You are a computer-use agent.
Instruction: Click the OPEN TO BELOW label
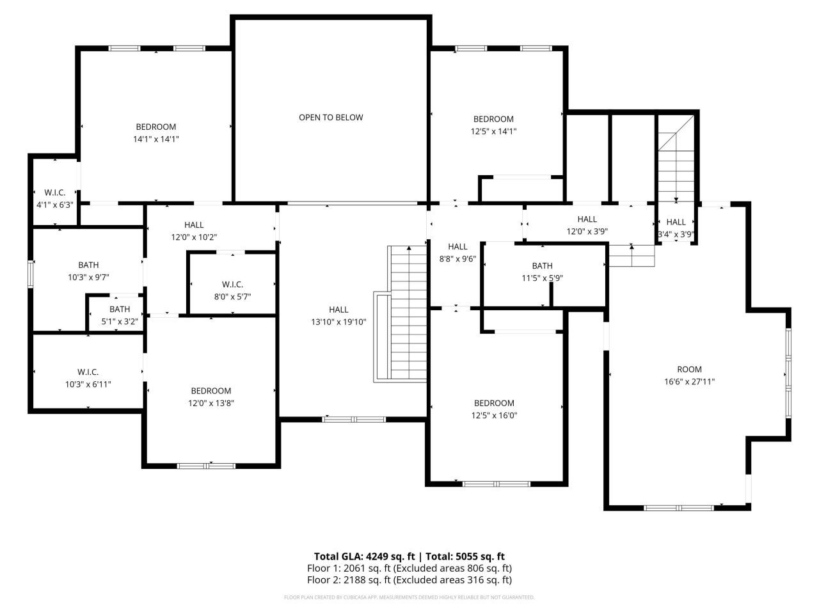pyautogui.click(x=331, y=118)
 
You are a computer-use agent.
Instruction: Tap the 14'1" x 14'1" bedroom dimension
pyautogui.click(x=155, y=139)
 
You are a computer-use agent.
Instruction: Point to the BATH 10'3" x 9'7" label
pyautogui.click(x=88, y=271)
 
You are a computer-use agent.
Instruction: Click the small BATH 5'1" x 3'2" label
pyautogui.click(x=119, y=315)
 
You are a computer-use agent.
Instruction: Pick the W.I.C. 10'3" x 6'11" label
pyautogui.click(x=88, y=378)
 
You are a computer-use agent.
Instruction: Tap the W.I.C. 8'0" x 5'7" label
pyautogui.click(x=232, y=290)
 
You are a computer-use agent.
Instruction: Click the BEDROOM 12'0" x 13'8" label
pyautogui.click(x=211, y=397)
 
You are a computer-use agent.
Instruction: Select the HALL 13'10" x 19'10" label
pyautogui.click(x=338, y=316)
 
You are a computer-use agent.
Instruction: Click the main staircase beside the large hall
pyautogui.click(x=408, y=313)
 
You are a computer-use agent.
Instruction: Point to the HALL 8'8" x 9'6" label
pyautogui.click(x=457, y=253)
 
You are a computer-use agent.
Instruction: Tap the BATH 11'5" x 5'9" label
pyautogui.click(x=542, y=272)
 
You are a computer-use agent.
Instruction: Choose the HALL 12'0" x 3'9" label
pyautogui.click(x=587, y=226)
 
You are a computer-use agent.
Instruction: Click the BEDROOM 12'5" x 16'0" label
pyautogui.click(x=494, y=409)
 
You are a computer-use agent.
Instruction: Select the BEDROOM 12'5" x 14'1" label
pyautogui.click(x=493, y=125)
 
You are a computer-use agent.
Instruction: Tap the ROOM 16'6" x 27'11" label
pyautogui.click(x=689, y=375)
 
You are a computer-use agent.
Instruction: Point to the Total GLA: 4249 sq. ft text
pyautogui.click(x=365, y=556)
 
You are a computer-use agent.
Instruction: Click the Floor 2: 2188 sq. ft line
pyautogui.click(x=409, y=581)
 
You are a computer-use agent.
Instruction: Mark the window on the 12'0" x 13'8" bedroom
pyautogui.click(x=206, y=466)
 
